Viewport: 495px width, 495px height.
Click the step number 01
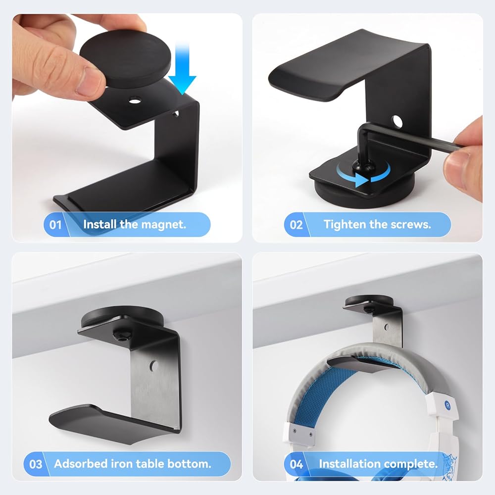point(55,225)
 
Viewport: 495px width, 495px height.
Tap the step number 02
point(296,225)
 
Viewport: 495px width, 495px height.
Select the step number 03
point(35,464)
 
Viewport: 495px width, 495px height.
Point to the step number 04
point(296,464)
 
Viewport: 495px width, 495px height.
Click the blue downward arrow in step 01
point(182,68)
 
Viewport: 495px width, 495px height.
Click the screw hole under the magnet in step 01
point(135,101)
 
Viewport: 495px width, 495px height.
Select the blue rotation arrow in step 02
point(363,175)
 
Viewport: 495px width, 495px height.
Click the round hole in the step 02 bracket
point(397,121)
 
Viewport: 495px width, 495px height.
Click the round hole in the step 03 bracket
point(154,366)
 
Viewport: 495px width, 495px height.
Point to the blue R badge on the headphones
point(447,405)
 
